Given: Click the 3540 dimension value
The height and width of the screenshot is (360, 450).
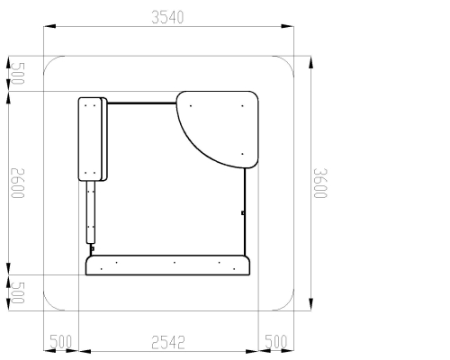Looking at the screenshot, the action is pos(167,17).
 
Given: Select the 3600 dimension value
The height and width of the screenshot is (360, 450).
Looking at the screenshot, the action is pos(320,183).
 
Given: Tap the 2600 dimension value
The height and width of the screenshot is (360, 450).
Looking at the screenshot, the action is pos(17,183).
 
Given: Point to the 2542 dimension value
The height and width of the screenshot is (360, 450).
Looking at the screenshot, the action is pos(168,343).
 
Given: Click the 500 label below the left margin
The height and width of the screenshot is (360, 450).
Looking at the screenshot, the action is pos(60,342).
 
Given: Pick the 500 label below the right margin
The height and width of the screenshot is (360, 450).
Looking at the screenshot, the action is pos(276,342).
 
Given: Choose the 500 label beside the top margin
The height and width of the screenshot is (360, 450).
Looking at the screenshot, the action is pos(17,74).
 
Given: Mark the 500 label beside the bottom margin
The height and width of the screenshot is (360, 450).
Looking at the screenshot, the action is pos(17,292).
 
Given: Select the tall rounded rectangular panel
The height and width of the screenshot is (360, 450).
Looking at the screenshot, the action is pos(93,139).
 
